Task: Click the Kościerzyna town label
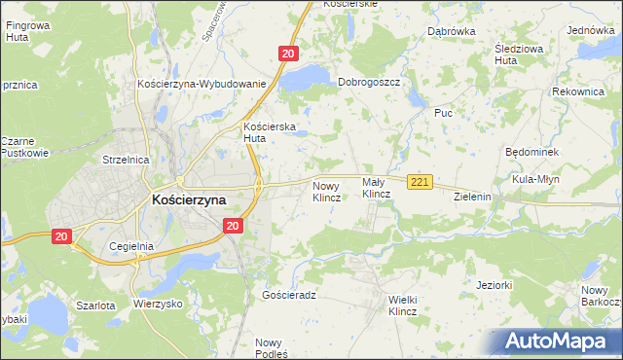pos(189,199)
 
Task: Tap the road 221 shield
pos(420,182)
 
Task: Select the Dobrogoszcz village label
pos(369,83)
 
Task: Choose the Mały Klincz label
pos(376,188)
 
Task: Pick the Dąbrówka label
pos(451,31)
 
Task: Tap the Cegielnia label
pos(131,246)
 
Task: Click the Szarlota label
pos(95,305)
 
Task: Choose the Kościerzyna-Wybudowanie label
pos(202,84)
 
